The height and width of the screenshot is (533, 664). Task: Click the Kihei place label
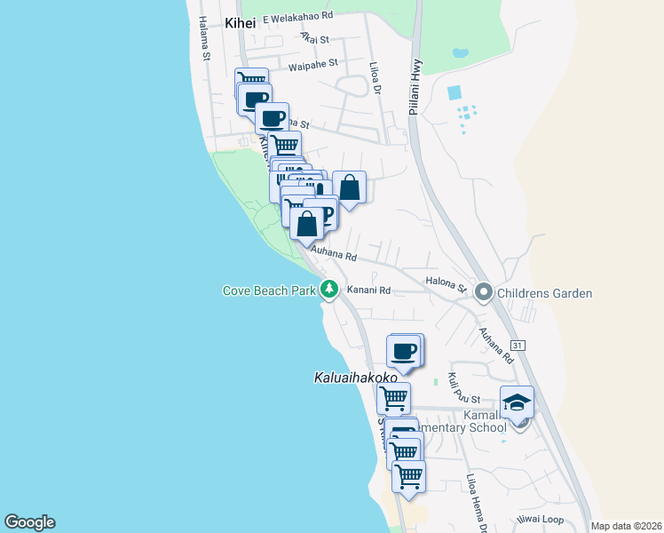pyautogui.click(x=239, y=24)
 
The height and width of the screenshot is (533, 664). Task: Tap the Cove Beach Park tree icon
pyautogui.click(x=329, y=290)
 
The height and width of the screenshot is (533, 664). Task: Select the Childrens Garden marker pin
pyautogui.click(x=484, y=291)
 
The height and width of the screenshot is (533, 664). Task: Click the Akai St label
pyautogui.click(x=314, y=39)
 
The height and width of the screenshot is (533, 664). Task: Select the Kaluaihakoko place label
pyautogui.click(x=356, y=378)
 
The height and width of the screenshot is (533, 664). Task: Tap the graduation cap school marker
pyautogui.click(x=517, y=402)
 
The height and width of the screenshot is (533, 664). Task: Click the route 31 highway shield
pyautogui.click(x=518, y=344)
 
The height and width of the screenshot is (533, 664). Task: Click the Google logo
pyautogui.click(x=29, y=522)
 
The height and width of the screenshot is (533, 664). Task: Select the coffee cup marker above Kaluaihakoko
pyautogui.click(x=405, y=350)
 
